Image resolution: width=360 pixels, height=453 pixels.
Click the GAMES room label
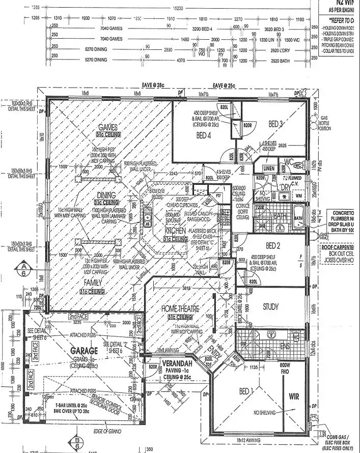[x=108, y=127]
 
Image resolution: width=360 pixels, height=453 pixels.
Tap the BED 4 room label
[x=203, y=135]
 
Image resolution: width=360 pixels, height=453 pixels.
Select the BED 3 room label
[x=276, y=124]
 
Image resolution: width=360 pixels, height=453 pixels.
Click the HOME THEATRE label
[x=180, y=308]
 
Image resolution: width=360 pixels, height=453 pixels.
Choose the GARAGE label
[x=85, y=351]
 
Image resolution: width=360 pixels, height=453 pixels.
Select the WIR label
[x=294, y=396]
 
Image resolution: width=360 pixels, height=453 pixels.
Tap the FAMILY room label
[x=93, y=282]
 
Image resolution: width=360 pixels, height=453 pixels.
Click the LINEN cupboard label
[x=269, y=168]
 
